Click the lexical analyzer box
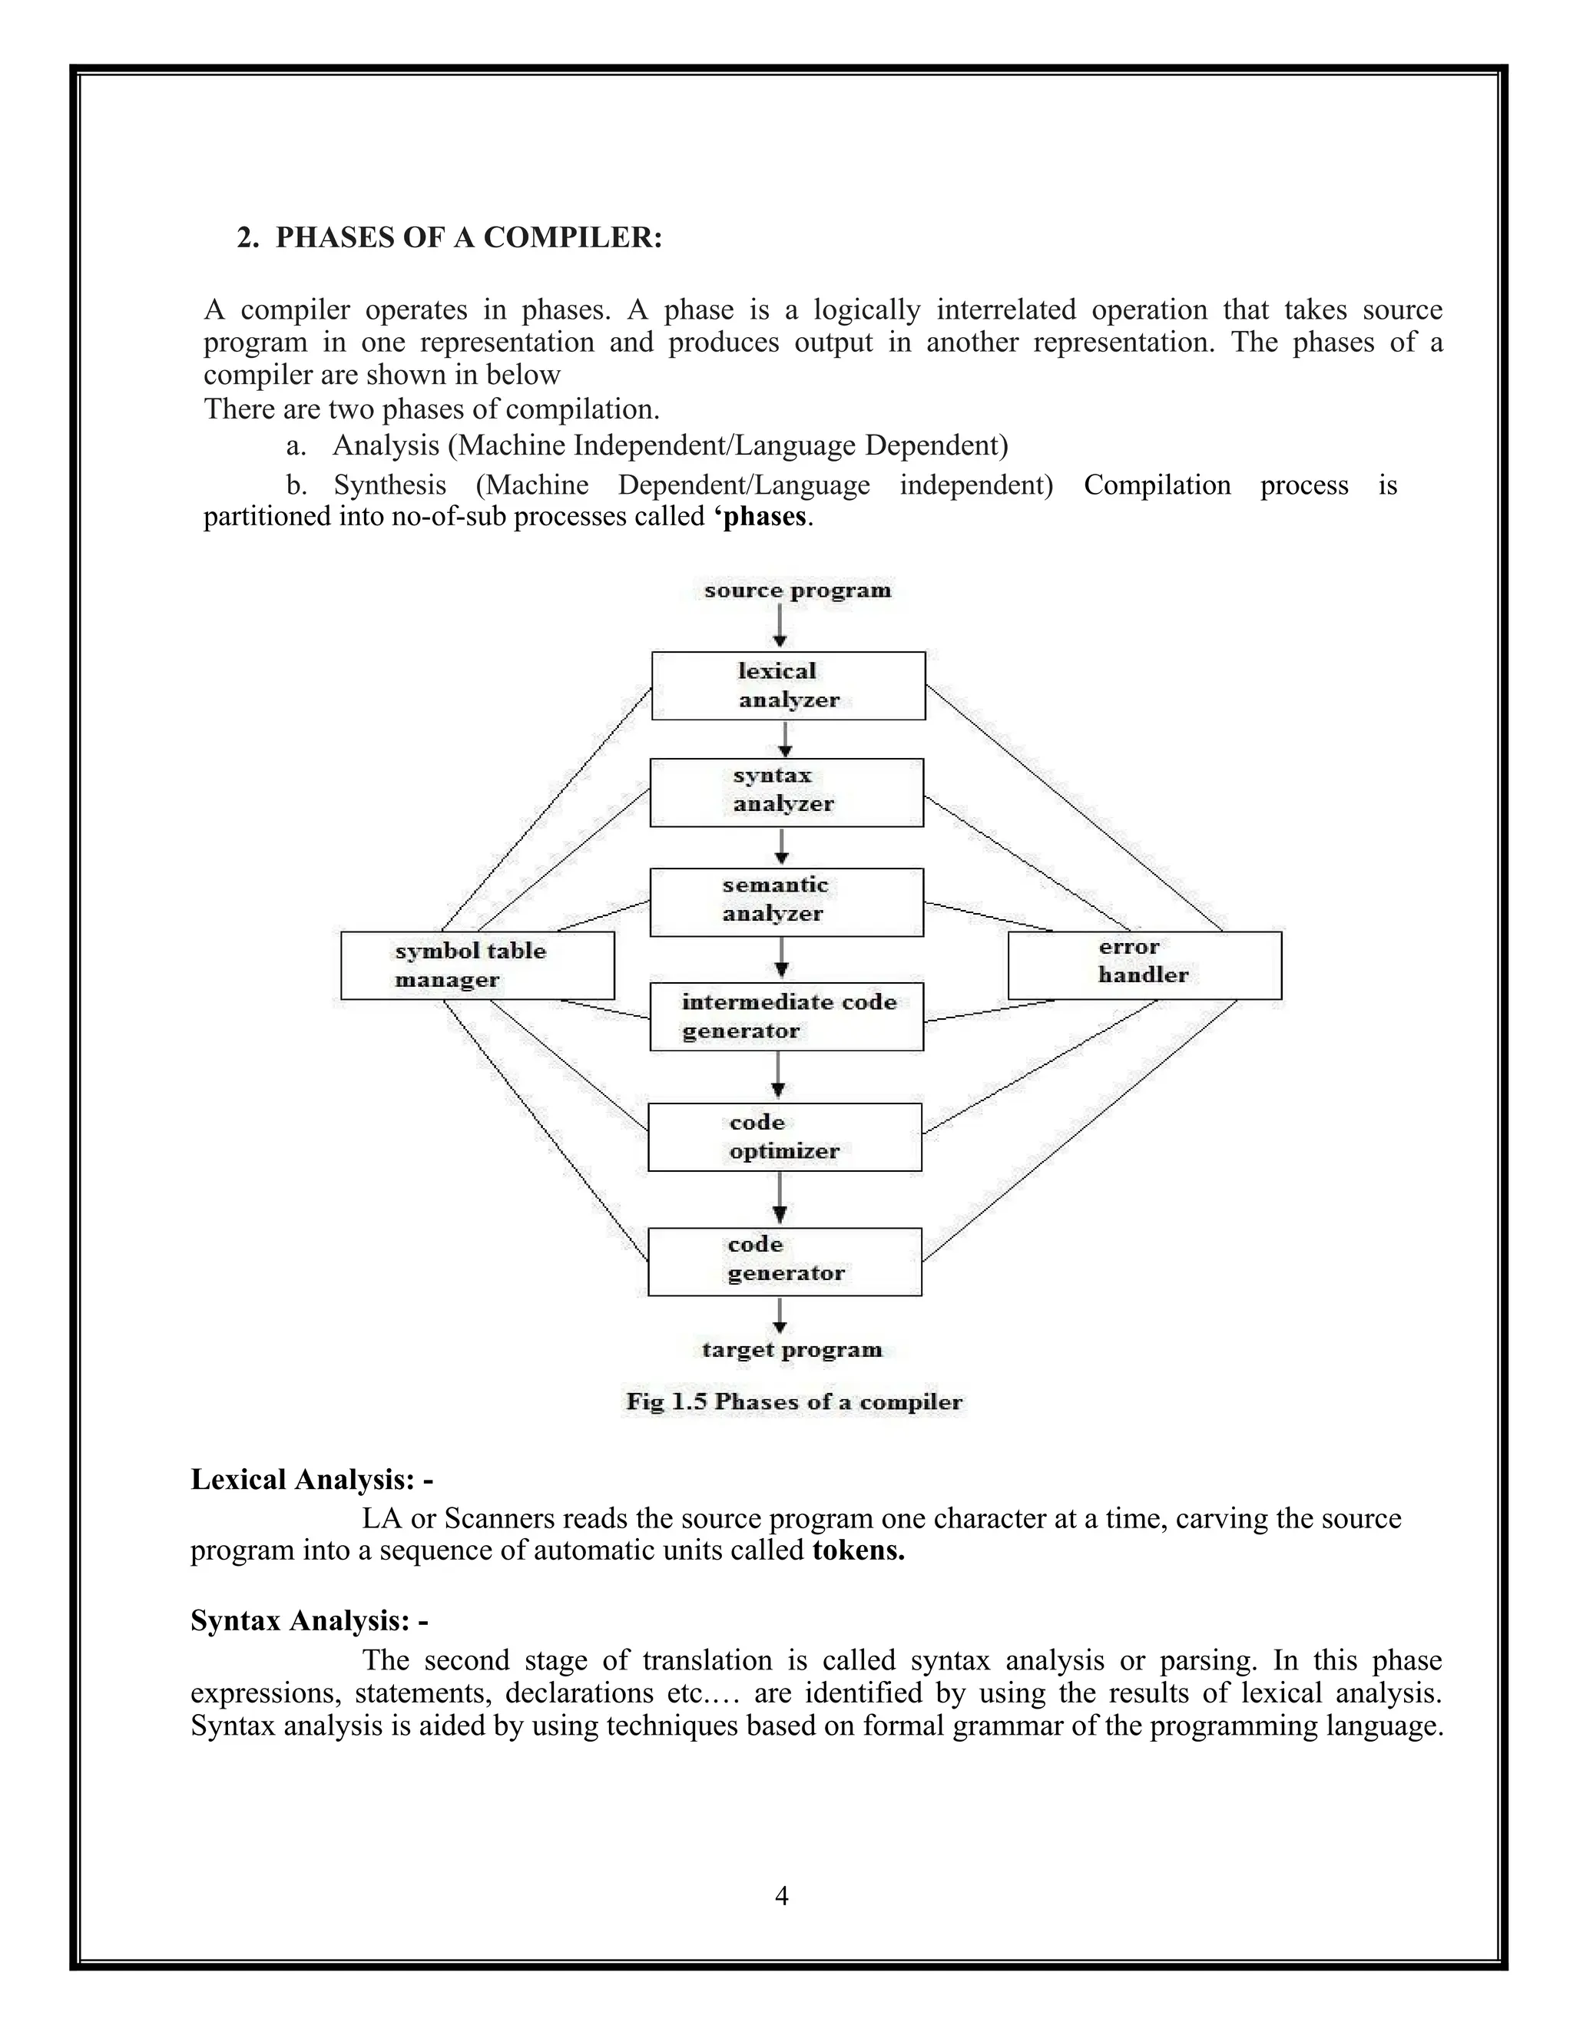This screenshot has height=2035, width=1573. tap(787, 686)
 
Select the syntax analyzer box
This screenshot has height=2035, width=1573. tap(786, 792)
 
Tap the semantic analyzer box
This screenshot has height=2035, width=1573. tap(786, 902)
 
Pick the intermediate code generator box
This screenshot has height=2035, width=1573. tap(786, 1017)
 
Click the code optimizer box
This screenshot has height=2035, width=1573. tap(785, 1137)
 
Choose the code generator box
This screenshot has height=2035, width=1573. tap(785, 1261)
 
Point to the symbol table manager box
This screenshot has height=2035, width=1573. tap(477, 965)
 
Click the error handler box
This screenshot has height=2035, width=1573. tap(1144, 965)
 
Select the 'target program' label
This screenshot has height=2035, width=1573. tap(792, 1350)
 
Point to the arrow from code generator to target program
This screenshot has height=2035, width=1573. tap(780, 1315)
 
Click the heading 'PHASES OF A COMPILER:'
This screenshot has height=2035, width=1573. tap(469, 237)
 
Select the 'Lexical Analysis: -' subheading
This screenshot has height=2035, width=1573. tap(311, 1480)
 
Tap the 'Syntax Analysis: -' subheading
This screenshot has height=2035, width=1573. tap(310, 1621)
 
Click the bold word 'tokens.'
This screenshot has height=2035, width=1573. tap(858, 1550)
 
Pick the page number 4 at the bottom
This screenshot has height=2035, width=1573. tap(782, 1896)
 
